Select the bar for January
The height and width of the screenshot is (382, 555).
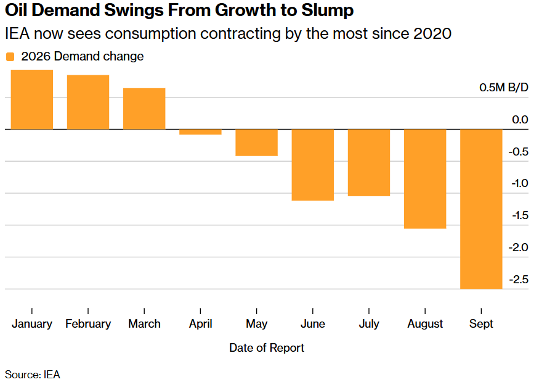click(32, 100)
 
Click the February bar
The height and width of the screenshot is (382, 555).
click(88, 102)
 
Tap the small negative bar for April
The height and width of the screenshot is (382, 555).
click(200, 132)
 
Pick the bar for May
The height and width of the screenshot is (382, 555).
click(257, 143)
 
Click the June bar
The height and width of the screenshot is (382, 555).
click(313, 165)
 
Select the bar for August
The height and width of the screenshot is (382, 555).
click(425, 179)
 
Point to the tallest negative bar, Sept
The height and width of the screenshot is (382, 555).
click(481, 209)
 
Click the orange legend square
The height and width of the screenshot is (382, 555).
click(10, 57)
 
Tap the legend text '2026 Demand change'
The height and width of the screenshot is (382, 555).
click(83, 56)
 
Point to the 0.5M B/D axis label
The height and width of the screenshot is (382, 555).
click(504, 87)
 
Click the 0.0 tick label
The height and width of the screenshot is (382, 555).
click(520, 120)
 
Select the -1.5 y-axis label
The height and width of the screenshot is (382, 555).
click(520, 215)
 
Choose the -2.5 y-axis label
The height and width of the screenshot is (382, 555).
click(519, 280)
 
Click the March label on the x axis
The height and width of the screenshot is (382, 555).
click(144, 324)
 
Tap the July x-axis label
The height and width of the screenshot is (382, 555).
click(369, 324)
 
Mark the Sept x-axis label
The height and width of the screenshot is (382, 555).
click(481, 324)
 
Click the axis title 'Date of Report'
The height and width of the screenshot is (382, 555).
click(267, 348)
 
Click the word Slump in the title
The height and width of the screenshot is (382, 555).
click(328, 10)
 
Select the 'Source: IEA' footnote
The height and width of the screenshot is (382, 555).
click(33, 375)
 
